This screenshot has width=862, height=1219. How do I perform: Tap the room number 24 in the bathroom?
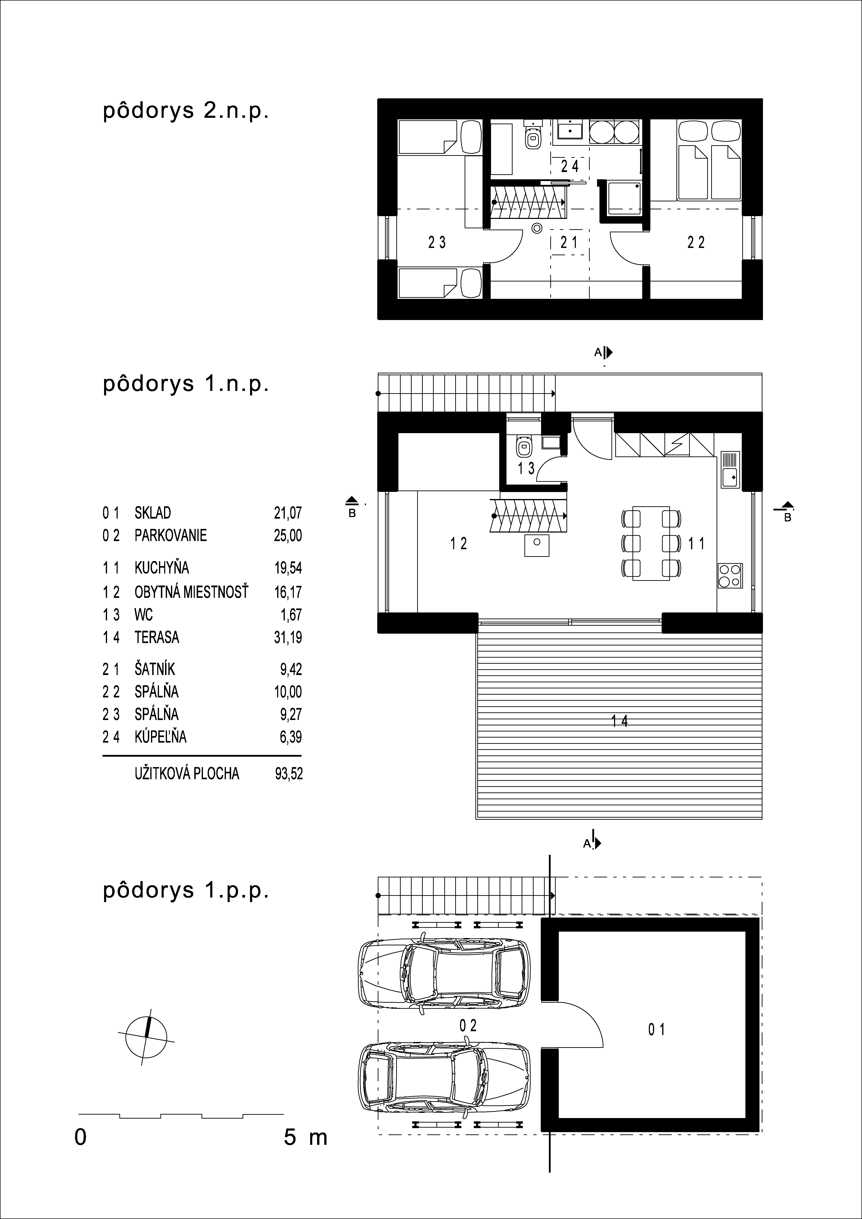click(570, 167)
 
